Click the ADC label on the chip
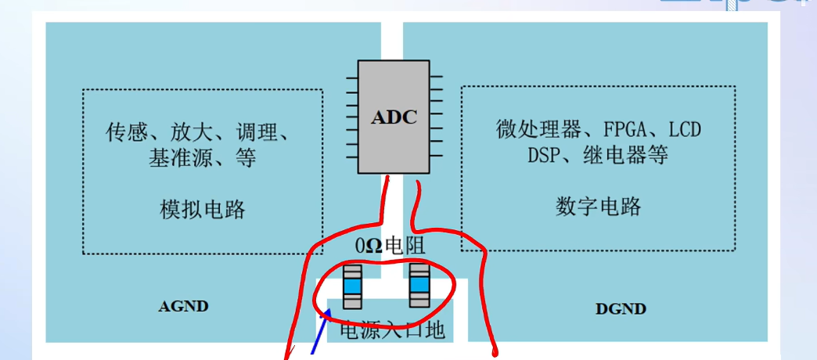point(394,118)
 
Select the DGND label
point(621,308)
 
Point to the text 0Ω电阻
point(389,245)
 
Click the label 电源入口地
point(391,331)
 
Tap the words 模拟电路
point(203,209)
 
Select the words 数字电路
point(599,206)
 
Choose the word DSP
point(543,155)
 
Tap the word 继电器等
point(624,155)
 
